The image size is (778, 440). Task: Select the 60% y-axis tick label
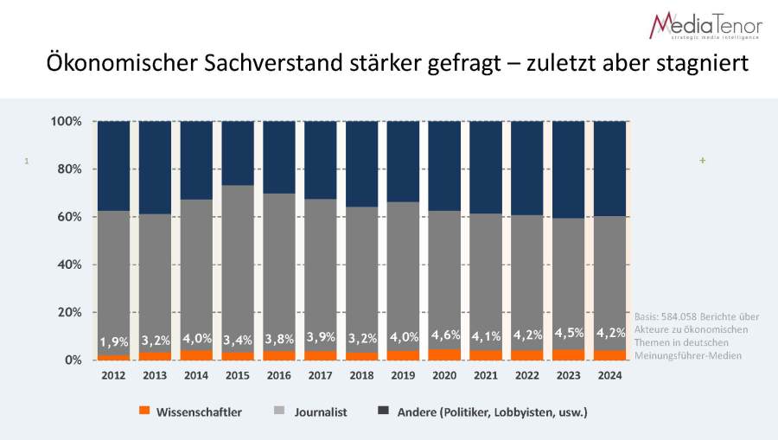(x=69, y=217)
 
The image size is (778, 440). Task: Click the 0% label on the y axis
(x=73, y=360)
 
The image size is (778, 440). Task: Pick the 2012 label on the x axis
(x=113, y=375)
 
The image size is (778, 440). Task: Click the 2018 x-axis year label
(x=361, y=375)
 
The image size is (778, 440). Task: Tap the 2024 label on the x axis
(x=609, y=375)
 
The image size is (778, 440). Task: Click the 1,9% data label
(x=113, y=340)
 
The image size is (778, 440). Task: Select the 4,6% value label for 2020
(x=444, y=335)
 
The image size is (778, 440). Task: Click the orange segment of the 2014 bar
(x=196, y=354)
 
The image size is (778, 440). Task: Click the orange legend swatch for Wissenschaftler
(x=144, y=411)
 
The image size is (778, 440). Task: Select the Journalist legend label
(x=321, y=412)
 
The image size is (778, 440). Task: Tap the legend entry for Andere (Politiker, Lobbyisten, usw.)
(x=492, y=412)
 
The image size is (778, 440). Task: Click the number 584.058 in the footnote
(x=681, y=316)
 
